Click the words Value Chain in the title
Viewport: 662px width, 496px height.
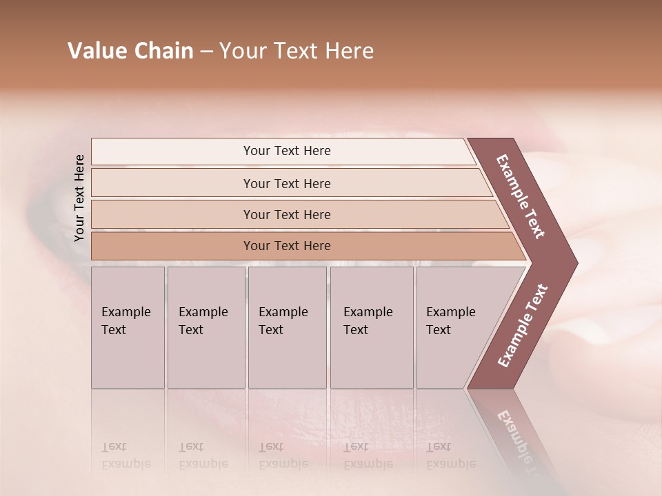point(130,51)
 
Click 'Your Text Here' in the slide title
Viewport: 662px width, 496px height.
point(297,51)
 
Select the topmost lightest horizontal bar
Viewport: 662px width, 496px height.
point(286,151)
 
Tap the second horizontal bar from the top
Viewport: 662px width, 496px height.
point(286,183)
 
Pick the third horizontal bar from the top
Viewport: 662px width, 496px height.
point(286,214)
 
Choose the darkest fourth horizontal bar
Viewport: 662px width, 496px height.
point(286,246)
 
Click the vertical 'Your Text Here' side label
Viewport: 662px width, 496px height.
point(79,198)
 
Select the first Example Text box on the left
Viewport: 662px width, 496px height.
point(128,327)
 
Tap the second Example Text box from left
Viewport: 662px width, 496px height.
point(205,327)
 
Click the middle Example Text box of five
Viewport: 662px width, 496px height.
point(287,327)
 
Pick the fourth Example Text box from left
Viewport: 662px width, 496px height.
point(371,327)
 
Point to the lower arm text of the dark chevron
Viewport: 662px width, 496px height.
point(523,326)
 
